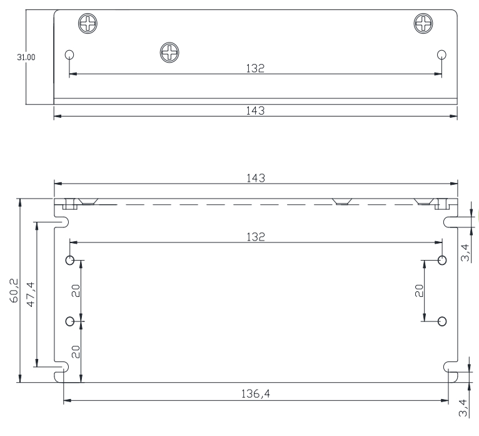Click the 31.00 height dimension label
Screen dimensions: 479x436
click(26, 57)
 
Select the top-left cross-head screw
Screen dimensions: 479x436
click(88, 24)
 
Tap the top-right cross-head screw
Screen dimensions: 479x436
click(423, 23)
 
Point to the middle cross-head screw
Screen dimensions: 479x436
click(169, 53)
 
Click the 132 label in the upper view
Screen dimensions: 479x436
click(255, 68)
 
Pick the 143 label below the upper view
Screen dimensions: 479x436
click(255, 110)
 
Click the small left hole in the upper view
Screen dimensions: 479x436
click(69, 54)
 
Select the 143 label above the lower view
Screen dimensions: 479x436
click(256, 178)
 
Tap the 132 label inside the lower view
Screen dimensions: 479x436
click(256, 237)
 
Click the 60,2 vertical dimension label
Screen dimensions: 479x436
click(14, 291)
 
